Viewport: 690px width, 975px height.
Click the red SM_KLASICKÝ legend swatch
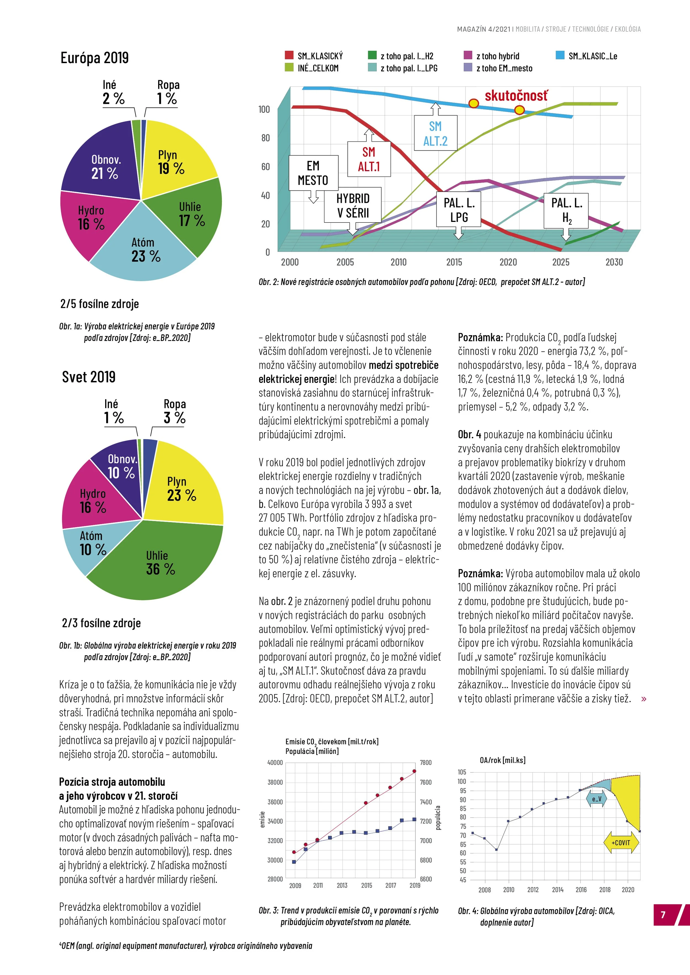coord(289,55)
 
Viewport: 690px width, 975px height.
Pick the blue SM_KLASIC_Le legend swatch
coord(560,55)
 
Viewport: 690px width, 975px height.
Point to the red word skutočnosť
coord(516,96)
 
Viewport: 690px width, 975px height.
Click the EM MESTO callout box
coord(313,173)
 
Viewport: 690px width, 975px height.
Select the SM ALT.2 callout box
coord(435,133)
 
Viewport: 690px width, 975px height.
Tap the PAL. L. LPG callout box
coord(459,210)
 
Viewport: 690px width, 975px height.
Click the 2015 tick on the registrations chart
coord(454,262)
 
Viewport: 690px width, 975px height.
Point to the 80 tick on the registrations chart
coord(265,138)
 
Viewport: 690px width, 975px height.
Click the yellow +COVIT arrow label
coord(621,842)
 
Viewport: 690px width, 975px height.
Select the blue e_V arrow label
coord(597,799)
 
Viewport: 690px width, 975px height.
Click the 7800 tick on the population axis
coord(426,762)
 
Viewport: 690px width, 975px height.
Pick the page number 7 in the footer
coord(663,915)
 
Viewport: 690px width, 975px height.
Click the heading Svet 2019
coord(89,377)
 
